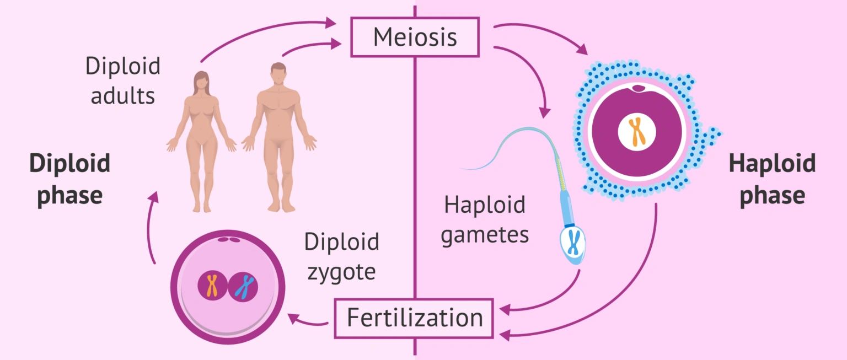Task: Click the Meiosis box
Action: [x=415, y=37]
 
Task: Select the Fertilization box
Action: [x=414, y=318]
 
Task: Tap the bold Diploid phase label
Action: [x=70, y=180]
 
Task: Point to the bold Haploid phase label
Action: [x=772, y=180]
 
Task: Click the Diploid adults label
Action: [x=122, y=80]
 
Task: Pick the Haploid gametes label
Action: [x=485, y=221]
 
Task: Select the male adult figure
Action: [x=280, y=138]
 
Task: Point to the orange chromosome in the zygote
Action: [x=212, y=285]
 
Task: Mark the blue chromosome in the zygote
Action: [x=244, y=286]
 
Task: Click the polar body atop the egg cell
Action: [x=639, y=88]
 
